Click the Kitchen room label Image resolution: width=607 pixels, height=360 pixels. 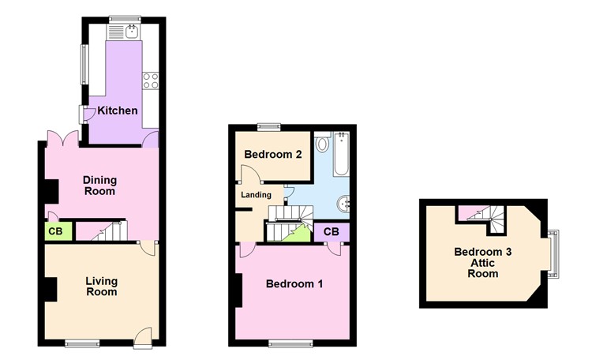click(x=118, y=111)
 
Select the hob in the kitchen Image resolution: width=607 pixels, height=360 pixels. click(x=150, y=80)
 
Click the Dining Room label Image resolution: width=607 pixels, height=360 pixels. click(x=99, y=185)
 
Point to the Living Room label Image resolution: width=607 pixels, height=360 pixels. click(x=101, y=286)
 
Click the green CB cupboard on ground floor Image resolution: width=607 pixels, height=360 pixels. click(x=55, y=231)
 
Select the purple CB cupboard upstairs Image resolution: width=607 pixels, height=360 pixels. click(x=331, y=231)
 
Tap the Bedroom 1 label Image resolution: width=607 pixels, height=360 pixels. click(x=294, y=283)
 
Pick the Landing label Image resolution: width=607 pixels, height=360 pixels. click(x=257, y=195)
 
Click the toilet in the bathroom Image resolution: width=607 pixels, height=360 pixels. click(x=322, y=144)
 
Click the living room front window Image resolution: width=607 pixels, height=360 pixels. click(x=81, y=343)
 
